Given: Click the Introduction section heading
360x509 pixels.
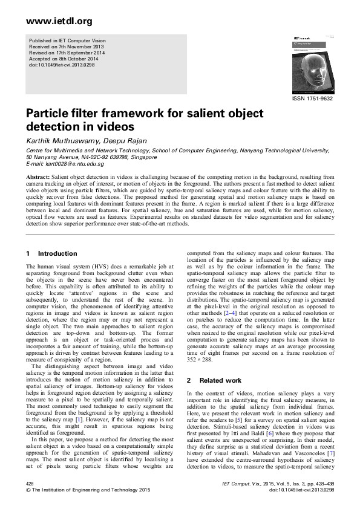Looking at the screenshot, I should (x=57, y=253).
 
